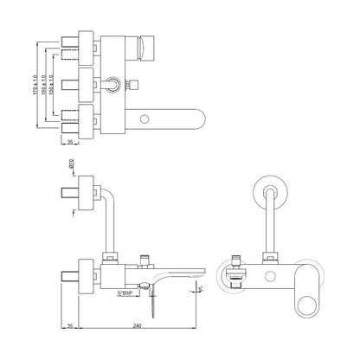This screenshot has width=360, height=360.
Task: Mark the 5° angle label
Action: click(x=202, y=288)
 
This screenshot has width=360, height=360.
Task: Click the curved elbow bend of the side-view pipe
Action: click(x=109, y=191)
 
